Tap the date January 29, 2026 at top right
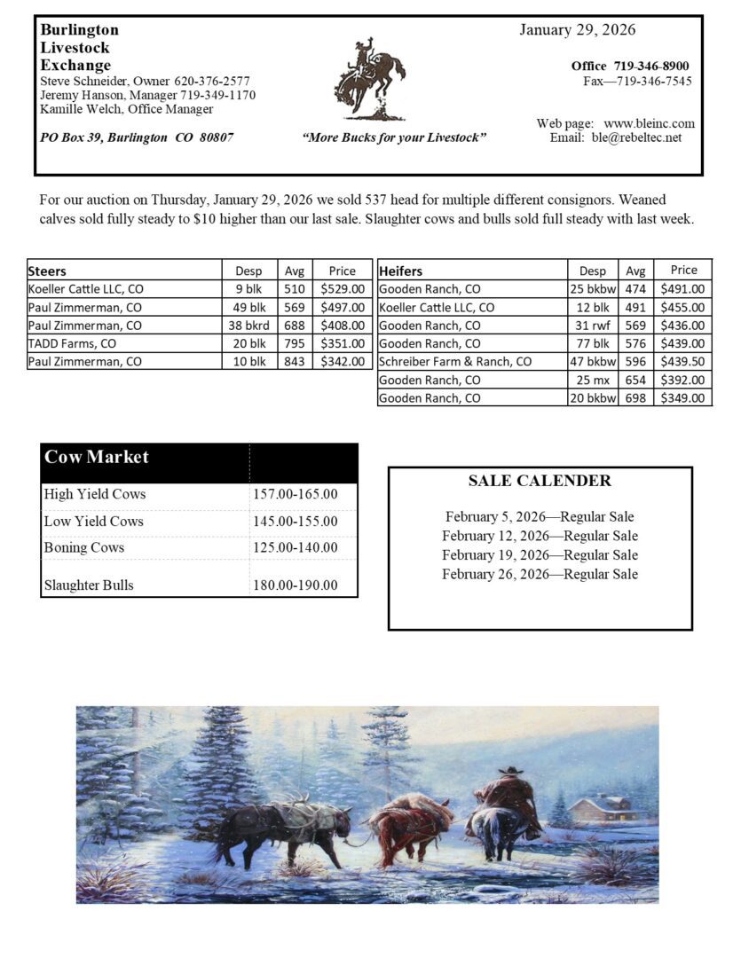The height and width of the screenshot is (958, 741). [x=577, y=30]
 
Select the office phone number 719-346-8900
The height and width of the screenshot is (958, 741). [x=650, y=66]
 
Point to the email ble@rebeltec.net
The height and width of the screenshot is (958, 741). [x=636, y=137]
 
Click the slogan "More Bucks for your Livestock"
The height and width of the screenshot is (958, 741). [x=394, y=137]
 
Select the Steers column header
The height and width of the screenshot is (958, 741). [x=48, y=271]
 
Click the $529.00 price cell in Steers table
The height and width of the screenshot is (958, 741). [x=342, y=289]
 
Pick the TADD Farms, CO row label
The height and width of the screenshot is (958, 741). [x=73, y=343]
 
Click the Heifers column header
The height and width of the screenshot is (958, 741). [x=400, y=271]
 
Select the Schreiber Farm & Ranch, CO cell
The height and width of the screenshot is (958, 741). [x=455, y=362]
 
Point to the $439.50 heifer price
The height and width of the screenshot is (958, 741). [x=682, y=362]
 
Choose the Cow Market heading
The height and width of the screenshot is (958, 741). [x=97, y=458]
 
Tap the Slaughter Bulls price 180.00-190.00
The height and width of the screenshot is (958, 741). [x=295, y=585]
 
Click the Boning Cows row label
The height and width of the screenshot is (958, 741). [x=84, y=547]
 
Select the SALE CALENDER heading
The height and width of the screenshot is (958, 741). [x=540, y=481]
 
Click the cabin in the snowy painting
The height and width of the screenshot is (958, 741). [x=603, y=807]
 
